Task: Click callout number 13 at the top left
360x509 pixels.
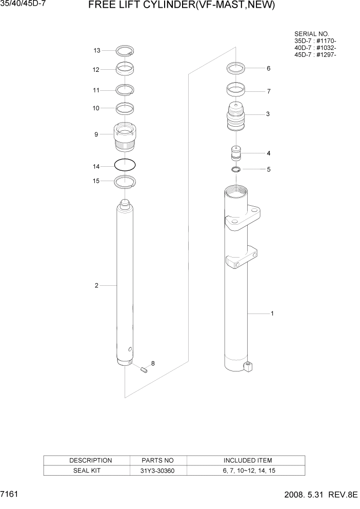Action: click(x=96, y=50)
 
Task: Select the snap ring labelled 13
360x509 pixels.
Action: click(x=125, y=50)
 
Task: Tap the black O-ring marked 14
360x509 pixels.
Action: click(x=125, y=165)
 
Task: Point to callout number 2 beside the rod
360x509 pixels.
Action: click(x=96, y=286)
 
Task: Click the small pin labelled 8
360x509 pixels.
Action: click(x=145, y=369)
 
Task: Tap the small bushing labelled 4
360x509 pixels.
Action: click(x=235, y=154)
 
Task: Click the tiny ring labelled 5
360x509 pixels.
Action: click(x=235, y=170)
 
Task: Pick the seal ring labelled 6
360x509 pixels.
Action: click(x=235, y=68)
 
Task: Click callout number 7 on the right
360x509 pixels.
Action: click(x=268, y=92)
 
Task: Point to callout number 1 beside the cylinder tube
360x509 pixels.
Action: click(x=272, y=313)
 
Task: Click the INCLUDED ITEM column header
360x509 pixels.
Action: click(x=248, y=460)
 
